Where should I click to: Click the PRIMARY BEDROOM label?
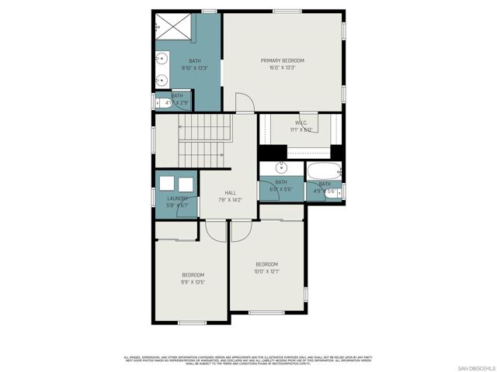pos(282,60)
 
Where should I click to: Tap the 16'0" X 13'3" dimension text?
pos(282,67)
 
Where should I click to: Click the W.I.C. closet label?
pos(302,122)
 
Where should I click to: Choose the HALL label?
pos(230,193)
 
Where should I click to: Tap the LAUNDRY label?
pos(177,198)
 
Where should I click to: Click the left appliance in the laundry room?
pos(167,184)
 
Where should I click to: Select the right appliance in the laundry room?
pos(186,184)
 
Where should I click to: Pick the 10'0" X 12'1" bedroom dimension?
pos(266,271)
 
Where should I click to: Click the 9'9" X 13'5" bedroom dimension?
pos(193,282)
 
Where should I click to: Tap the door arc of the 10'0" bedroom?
pos(241,230)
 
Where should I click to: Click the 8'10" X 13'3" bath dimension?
pos(193,67)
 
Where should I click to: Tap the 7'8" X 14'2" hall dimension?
pos(230,200)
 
